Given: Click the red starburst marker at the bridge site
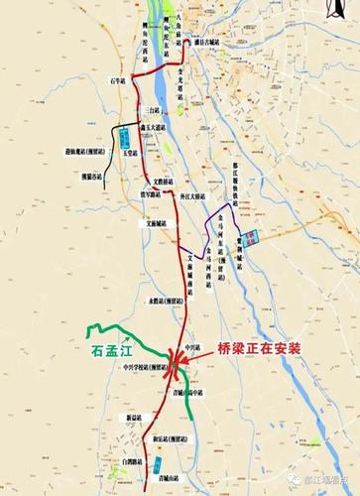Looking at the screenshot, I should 179,366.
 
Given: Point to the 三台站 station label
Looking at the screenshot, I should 151,106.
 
